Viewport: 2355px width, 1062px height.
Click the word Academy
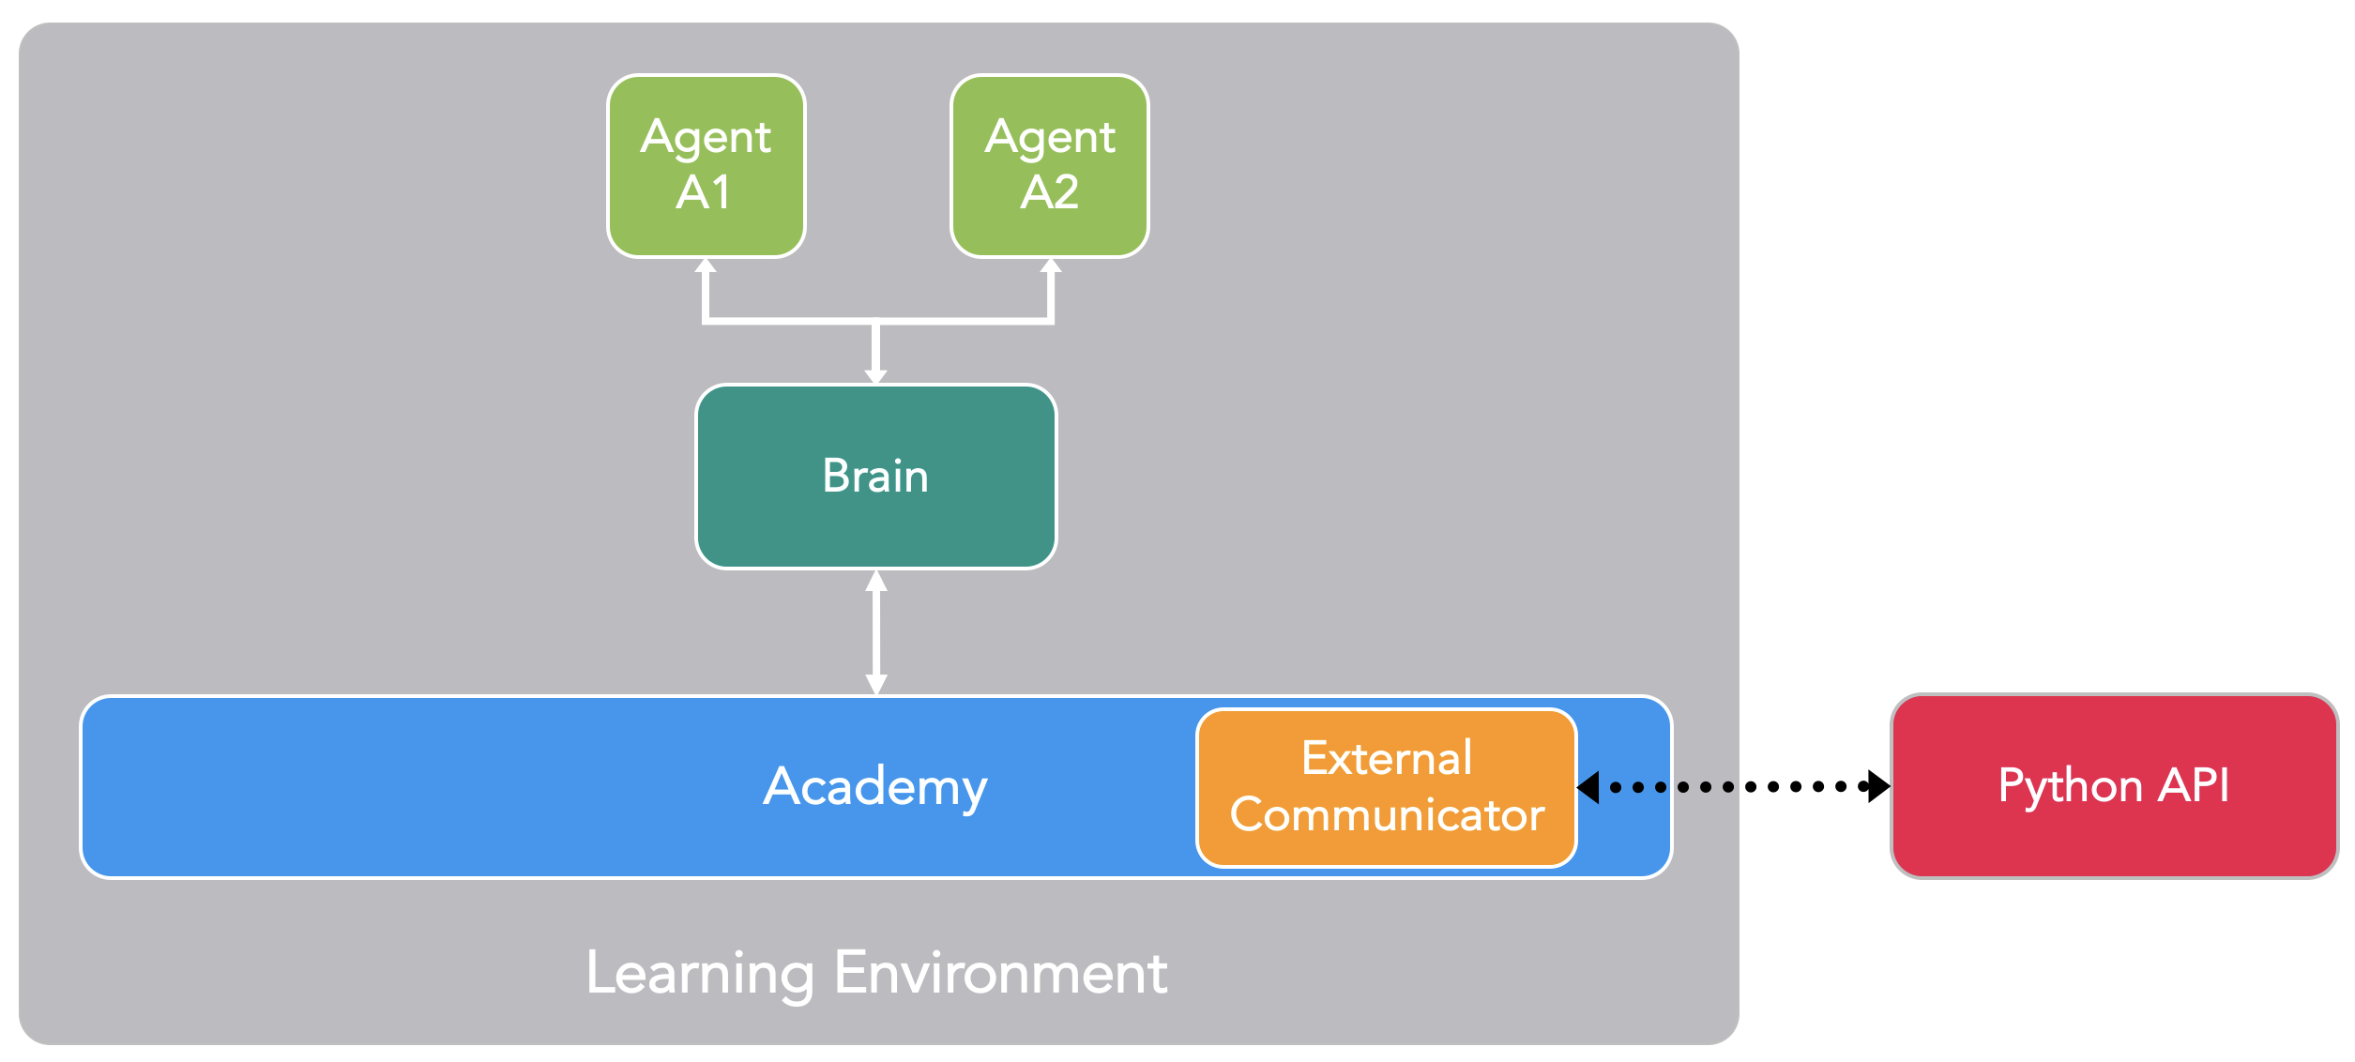click(874, 786)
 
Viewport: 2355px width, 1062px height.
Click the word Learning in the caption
click(699, 974)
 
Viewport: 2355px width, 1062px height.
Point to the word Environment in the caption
click(1000, 973)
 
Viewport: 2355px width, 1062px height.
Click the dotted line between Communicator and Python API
click(1736, 786)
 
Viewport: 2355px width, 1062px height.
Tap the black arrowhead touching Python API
click(1879, 786)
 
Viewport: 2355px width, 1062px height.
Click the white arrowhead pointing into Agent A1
click(706, 265)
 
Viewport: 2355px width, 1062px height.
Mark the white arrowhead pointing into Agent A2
click(1051, 265)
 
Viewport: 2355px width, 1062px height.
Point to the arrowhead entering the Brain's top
click(875, 376)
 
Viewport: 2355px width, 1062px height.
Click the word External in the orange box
click(1387, 758)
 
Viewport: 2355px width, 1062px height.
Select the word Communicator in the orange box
click(1387, 814)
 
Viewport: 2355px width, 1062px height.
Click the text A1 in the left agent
click(704, 192)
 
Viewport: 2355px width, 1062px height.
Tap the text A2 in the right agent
click(1049, 192)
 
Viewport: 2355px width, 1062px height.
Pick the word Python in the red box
click(2070, 786)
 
